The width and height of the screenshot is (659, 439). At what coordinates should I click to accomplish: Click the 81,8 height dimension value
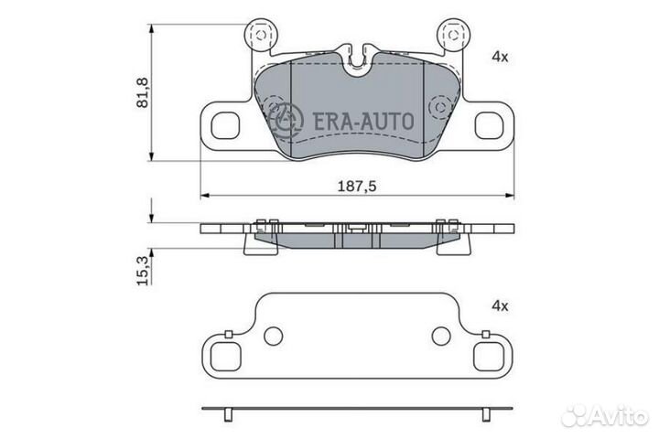(x=143, y=92)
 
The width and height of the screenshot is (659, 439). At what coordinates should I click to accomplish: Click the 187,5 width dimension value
(x=357, y=186)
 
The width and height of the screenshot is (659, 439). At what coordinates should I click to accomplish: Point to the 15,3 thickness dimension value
(x=143, y=271)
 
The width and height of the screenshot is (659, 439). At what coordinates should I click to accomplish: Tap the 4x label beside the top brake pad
(x=500, y=57)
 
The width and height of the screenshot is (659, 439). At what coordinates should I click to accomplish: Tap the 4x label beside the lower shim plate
(x=500, y=306)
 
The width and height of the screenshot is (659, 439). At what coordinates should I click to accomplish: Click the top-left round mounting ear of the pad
(x=261, y=35)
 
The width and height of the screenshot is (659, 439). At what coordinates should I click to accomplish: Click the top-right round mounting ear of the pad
(x=453, y=35)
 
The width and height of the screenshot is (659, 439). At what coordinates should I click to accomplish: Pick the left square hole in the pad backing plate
(x=225, y=125)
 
